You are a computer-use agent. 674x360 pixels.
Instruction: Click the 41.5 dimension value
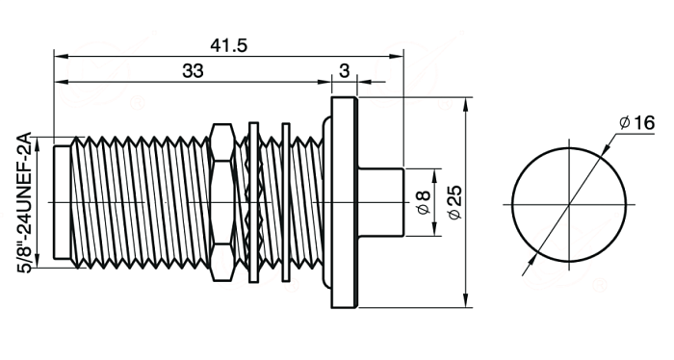click(229, 45)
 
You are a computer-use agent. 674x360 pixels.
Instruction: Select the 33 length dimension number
click(193, 71)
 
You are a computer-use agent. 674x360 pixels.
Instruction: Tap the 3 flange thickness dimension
click(345, 71)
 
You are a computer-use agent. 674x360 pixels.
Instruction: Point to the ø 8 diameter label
click(424, 202)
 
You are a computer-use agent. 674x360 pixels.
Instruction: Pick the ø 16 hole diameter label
click(637, 123)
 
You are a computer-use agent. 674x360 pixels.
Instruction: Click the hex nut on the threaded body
click(222, 202)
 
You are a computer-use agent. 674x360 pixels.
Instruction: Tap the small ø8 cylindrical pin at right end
click(381, 202)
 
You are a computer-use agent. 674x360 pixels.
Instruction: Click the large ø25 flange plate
click(344, 202)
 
